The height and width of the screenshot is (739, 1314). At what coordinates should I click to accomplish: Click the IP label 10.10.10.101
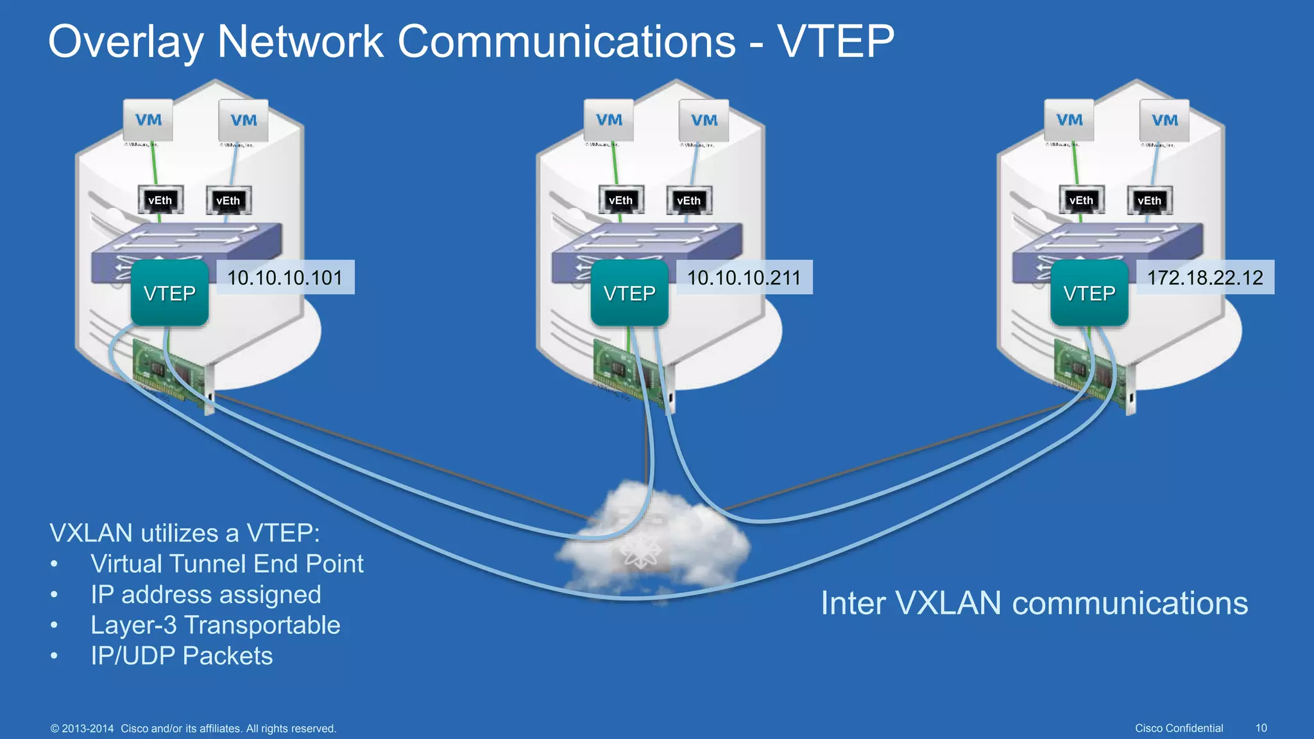coord(286,277)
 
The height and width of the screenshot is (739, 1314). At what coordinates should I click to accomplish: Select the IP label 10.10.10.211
coord(744,277)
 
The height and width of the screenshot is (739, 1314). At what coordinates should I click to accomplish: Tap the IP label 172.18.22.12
coord(1205,277)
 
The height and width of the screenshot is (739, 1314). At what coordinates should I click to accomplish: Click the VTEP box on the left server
coord(170,293)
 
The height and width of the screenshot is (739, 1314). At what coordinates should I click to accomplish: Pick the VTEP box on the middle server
coord(629,293)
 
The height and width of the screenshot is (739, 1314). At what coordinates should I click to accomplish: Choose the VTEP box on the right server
coord(1089,293)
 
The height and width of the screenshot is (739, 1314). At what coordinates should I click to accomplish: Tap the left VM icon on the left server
coord(148,120)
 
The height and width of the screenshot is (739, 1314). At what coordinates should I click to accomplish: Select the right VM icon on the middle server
coord(704,120)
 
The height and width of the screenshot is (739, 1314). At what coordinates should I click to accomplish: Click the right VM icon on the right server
coord(1164,120)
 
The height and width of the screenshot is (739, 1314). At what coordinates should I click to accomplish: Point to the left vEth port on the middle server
coord(620,200)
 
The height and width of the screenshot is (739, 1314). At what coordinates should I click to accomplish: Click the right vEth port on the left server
coord(228,200)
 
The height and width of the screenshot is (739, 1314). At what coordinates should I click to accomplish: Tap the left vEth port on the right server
coord(1081,200)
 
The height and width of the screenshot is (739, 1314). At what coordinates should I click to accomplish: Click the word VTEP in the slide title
coord(835,42)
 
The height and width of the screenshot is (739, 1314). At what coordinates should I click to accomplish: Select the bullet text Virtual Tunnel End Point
coord(226,564)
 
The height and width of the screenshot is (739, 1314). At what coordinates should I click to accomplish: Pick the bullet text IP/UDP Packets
coord(182,656)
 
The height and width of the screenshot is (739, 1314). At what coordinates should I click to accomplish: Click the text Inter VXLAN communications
coord(1034,603)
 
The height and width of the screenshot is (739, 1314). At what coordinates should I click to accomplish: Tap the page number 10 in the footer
coord(1261,728)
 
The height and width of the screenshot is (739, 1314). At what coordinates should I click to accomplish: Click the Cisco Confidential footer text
coord(1179,728)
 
